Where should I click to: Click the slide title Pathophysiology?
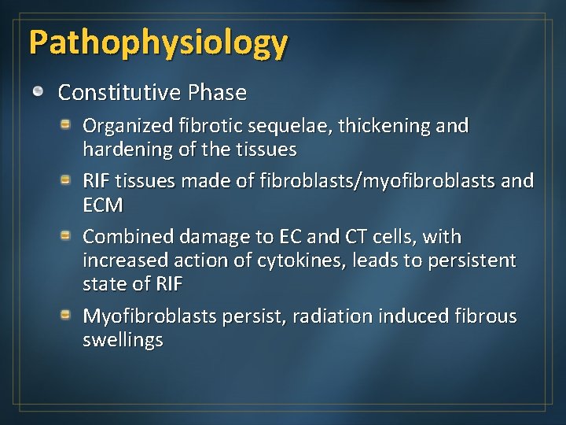pyautogui.click(x=158, y=43)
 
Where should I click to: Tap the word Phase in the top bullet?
pyautogui.click(x=217, y=93)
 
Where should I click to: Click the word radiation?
pyautogui.click(x=330, y=316)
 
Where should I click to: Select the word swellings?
pyautogui.click(x=123, y=340)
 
